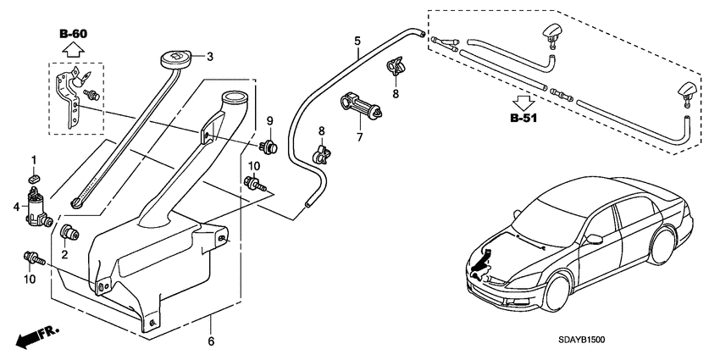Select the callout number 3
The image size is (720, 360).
coord(210,58)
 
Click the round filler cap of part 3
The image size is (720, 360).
coord(174,61)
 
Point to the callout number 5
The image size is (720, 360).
coord(357,40)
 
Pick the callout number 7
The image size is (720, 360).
coord(358,136)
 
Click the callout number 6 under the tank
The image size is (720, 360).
coord(211,341)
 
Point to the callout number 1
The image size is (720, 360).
coord(34,160)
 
